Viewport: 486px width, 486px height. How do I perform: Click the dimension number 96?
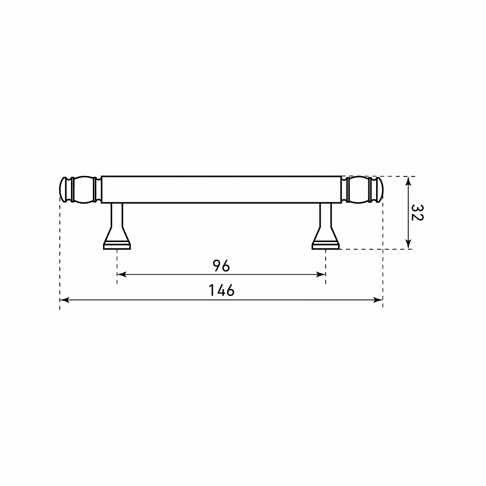[221, 266]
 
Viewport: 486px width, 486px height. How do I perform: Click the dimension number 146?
[222, 291]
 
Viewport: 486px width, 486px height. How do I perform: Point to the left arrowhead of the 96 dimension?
[121, 274]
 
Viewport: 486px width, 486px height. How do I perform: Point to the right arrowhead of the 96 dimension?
[321, 274]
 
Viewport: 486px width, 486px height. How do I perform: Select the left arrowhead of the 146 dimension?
[64, 300]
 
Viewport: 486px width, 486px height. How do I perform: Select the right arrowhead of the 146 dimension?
[378, 300]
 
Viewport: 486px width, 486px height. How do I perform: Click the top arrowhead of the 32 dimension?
[408, 181]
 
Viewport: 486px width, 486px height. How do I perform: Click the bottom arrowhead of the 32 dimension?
[408, 244]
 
